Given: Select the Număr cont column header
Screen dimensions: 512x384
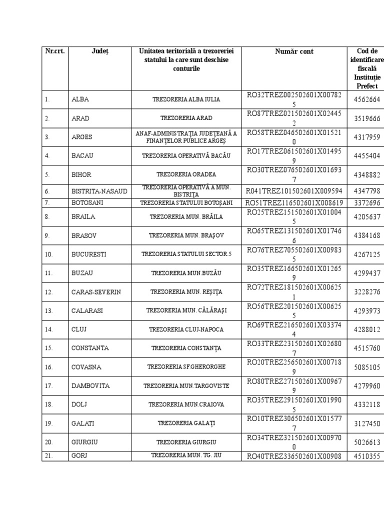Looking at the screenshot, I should pos(294,51).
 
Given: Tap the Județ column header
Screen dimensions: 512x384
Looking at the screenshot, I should pos(100,51).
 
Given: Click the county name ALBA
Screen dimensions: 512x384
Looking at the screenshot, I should pos(80,99).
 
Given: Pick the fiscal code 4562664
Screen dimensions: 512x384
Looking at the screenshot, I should pos(366,99).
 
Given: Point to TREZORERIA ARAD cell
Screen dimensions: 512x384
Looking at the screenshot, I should pos(186,118).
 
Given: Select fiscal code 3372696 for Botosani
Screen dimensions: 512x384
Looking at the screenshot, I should pos(366,203).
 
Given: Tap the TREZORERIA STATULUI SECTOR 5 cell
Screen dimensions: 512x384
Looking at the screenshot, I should pos(186,254).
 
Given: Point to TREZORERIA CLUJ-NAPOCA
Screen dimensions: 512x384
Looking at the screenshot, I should pos(186,329).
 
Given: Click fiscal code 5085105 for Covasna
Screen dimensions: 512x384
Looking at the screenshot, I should pos(366,367).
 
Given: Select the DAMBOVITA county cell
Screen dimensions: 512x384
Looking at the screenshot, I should pos(90,386).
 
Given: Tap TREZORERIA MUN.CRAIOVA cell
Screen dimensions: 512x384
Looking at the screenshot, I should pos(186,404).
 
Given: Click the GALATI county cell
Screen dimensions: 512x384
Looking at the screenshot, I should pos(83,423).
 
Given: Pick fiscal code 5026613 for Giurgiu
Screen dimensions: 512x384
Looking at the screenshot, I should pos(366,442).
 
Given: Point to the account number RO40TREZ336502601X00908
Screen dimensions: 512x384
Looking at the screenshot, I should pos(294,456).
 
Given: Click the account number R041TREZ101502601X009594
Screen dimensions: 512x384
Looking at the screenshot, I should pos(294,191).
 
